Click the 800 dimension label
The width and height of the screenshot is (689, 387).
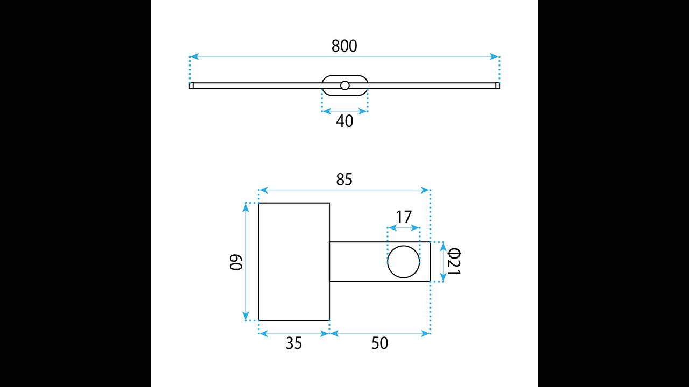pyautogui.click(x=344, y=46)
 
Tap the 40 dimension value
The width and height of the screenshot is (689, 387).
pyautogui.click(x=344, y=121)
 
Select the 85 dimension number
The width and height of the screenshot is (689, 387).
pyautogui.click(x=344, y=180)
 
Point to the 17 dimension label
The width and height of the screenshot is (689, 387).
pyautogui.click(x=404, y=217)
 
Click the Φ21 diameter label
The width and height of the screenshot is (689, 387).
pyautogui.click(x=454, y=262)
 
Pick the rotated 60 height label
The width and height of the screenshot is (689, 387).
pyautogui.click(x=236, y=262)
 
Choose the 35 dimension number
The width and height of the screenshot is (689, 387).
pyautogui.click(x=294, y=343)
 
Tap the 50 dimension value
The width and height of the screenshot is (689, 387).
pyautogui.click(x=379, y=343)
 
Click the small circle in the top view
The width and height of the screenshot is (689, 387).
pyautogui.click(x=345, y=85)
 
